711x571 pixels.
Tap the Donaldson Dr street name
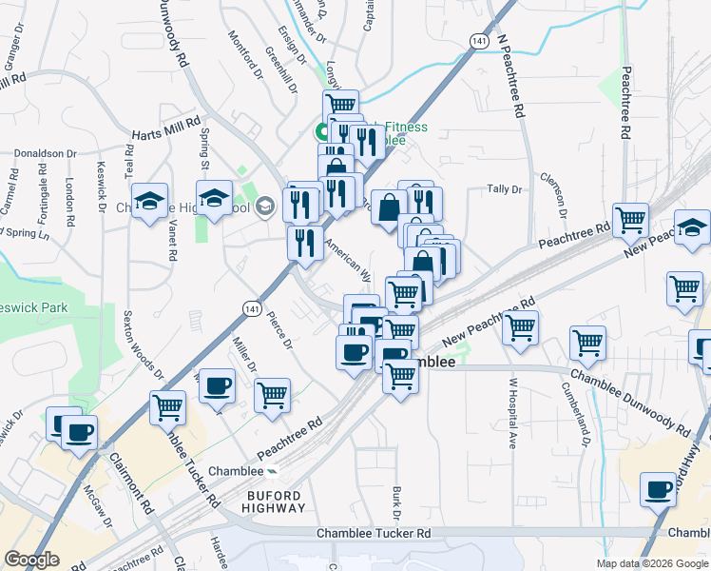(x=45, y=153)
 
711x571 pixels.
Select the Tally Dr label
(x=505, y=189)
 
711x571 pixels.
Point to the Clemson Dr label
(x=560, y=186)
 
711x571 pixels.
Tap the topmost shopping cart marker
(x=340, y=104)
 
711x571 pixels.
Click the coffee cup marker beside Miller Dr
(x=217, y=384)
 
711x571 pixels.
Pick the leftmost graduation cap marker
(x=149, y=201)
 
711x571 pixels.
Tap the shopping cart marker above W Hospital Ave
(x=519, y=327)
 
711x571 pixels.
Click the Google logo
(x=31, y=560)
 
